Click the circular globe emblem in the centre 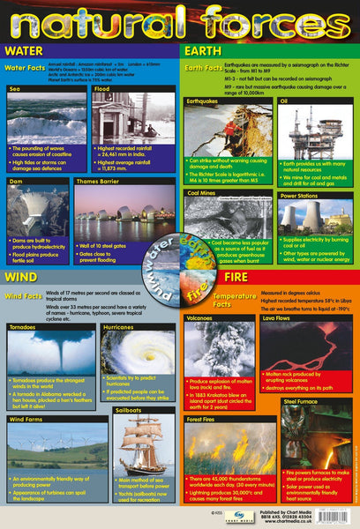180,256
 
